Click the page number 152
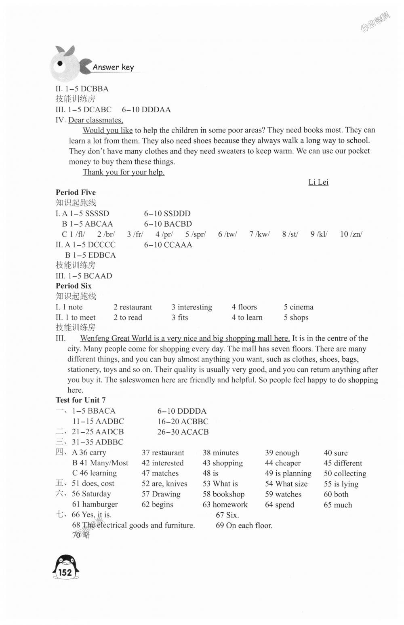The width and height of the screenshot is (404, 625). coord(65,572)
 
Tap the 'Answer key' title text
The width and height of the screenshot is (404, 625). coord(113,67)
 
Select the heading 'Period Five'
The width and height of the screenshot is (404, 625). coord(76,192)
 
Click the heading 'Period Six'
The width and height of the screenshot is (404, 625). coord(74,286)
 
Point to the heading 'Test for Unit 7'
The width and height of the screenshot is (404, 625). coord(80,400)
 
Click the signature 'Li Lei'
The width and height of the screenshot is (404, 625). coord(318,182)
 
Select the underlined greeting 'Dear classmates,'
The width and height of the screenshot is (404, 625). coord(96,120)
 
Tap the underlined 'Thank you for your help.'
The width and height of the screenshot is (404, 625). coord(124,172)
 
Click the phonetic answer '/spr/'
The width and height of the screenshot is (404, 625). coord(198,234)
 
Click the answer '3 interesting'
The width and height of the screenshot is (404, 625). coord(191,307)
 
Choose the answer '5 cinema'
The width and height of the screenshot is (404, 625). coord(298,307)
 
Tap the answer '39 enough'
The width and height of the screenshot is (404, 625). coord(282,453)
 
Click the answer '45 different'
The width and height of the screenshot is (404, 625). coord(343,463)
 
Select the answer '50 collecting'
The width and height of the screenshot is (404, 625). coord(345,473)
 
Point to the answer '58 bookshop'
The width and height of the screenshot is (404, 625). coord(223,494)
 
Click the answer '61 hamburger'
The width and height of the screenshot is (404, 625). coord(95,505)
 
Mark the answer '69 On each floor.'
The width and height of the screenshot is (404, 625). coord(244,526)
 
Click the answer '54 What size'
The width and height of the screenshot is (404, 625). coord(286,484)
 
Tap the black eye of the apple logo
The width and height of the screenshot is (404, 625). coord(60,63)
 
